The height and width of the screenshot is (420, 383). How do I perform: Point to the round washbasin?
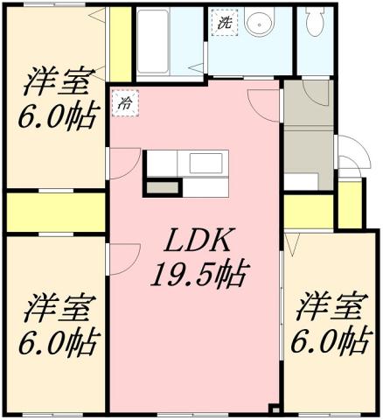coord(258,25)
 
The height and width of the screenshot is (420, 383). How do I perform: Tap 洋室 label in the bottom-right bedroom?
coord(328,308)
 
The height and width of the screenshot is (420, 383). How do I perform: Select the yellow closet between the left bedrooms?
coord(54,212)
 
